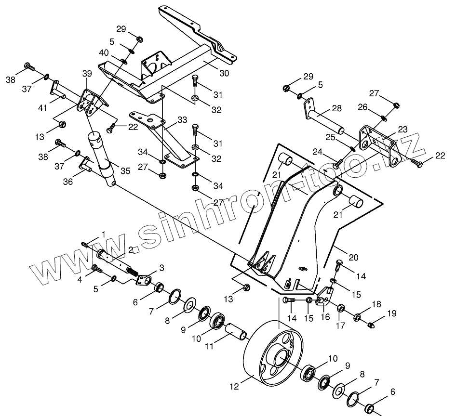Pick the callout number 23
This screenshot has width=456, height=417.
[x=402, y=129]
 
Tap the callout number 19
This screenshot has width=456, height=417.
[x=391, y=313]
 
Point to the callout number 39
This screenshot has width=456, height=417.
[x=87, y=73]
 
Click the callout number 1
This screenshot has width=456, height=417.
[x=103, y=235]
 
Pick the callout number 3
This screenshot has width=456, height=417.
[x=161, y=267]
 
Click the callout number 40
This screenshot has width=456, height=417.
[x=104, y=52]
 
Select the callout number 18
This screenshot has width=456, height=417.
[x=376, y=304]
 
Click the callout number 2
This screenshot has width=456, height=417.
[x=130, y=249]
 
